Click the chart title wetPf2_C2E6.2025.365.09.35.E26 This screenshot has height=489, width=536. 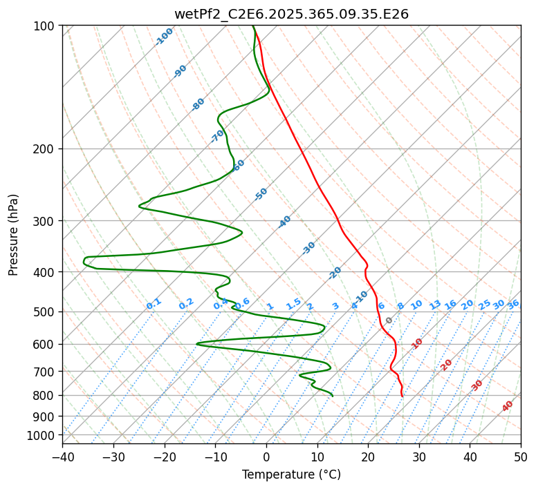(x=291, y=14)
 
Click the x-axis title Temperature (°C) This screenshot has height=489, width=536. (x=291, y=475)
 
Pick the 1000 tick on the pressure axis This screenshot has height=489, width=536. (x=43, y=435)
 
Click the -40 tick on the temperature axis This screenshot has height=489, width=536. (x=62, y=457)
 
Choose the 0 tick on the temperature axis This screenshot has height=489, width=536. (x=266, y=457)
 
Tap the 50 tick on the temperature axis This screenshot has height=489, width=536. (x=521, y=457)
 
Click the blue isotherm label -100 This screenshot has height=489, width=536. (x=164, y=37)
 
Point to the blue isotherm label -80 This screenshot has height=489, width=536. (x=198, y=104)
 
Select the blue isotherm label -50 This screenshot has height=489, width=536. (x=261, y=194)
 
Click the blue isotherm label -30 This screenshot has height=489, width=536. (x=308, y=248)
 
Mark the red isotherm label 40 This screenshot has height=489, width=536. (x=508, y=406)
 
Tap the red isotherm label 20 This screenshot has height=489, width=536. (x=446, y=364)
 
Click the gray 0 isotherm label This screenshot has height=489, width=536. (x=389, y=320)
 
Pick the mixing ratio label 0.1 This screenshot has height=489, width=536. (x=154, y=303)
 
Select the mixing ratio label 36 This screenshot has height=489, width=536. (x=513, y=304)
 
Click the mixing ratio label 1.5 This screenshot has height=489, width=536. (x=293, y=303)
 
